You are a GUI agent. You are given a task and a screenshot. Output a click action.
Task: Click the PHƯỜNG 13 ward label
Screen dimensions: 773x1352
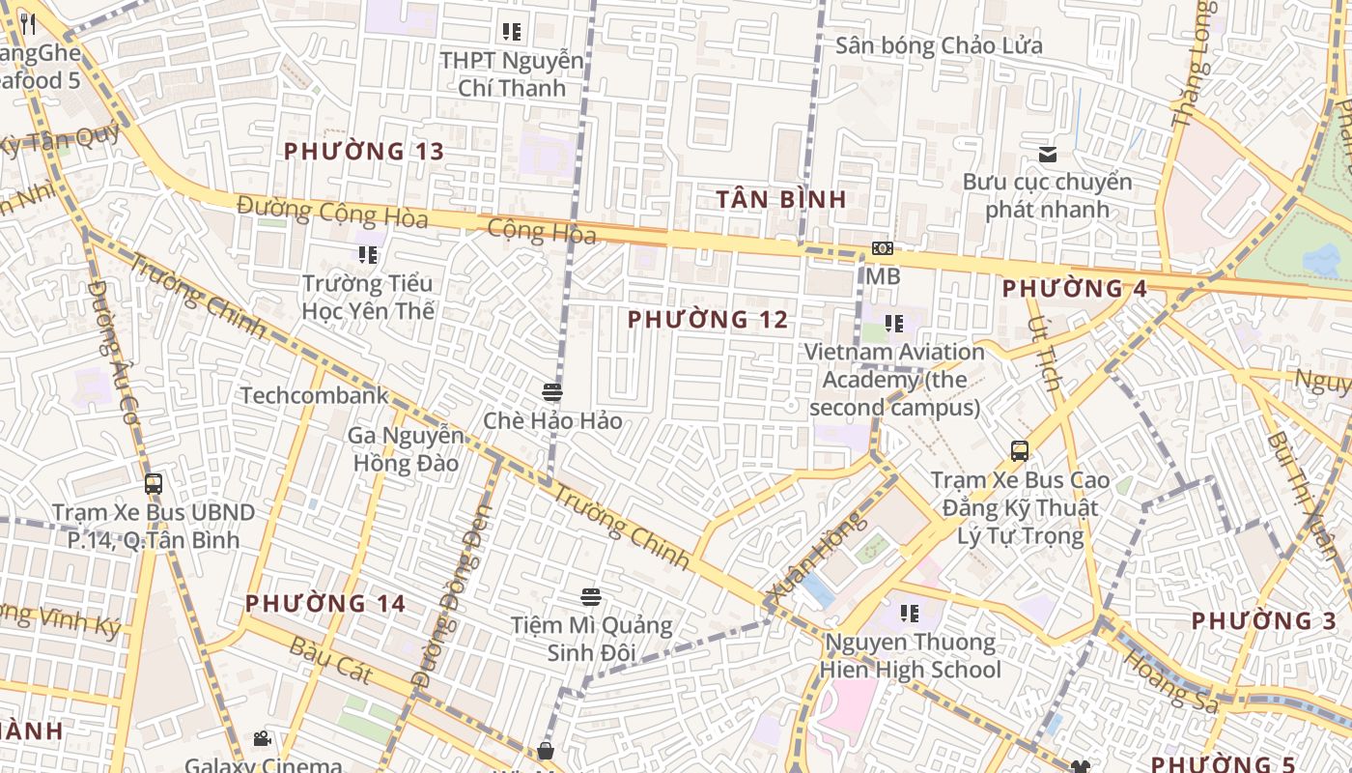(x=364, y=152)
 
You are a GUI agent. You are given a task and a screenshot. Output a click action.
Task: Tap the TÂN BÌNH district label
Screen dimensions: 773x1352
(x=781, y=200)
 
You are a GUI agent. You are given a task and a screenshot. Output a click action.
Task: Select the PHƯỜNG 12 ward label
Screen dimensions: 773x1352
(x=708, y=320)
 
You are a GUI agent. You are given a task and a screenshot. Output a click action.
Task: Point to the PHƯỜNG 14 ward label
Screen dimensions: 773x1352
(x=325, y=604)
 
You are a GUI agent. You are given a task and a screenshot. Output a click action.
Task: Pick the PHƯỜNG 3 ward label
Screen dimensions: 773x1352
(x=1264, y=621)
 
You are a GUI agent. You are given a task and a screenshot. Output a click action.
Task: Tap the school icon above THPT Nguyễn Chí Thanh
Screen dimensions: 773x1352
(x=512, y=32)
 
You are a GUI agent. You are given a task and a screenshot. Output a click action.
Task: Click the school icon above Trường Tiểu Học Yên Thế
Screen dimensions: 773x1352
(x=368, y=255)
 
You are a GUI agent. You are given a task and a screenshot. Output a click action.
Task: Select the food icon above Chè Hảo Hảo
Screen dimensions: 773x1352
(x=552, y=392)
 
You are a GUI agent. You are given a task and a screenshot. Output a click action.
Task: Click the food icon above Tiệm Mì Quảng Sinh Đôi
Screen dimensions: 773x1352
(x=591, y=597)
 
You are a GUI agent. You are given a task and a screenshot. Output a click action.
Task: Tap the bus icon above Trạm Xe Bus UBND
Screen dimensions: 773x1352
(x=153, y=484)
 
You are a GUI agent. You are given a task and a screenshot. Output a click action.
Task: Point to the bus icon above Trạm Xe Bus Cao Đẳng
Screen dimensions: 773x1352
(x=1020, y=450)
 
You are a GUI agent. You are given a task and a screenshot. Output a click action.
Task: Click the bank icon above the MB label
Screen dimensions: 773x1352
(x=882, y=248)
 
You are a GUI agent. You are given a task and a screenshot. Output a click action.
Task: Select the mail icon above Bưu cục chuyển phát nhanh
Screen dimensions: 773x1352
(x=1047, y=155)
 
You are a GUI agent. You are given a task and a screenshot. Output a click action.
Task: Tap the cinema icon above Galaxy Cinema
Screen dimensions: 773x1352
(x=262, y=739)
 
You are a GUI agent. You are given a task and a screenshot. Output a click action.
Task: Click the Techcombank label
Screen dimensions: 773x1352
(x=314, y=395)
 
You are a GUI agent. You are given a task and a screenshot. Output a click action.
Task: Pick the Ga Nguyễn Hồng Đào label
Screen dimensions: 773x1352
(x=405, y=448)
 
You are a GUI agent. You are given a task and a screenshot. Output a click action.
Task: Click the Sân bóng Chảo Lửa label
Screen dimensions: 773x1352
(x=939, y=45)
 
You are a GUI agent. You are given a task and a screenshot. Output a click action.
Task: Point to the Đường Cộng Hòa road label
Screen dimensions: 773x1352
(x=332, y=212)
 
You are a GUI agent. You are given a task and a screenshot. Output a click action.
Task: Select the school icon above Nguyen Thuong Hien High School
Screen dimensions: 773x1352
(x=909, y=613)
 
